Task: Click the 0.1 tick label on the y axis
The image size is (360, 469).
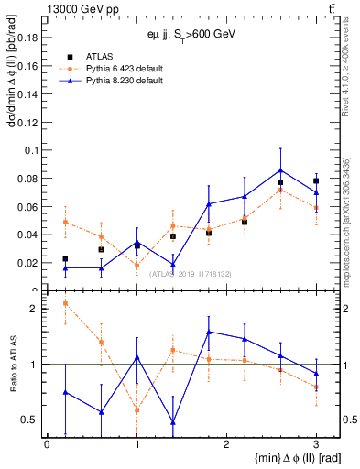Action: click(30, 149)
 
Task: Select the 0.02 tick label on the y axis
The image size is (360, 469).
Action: click(27, 263)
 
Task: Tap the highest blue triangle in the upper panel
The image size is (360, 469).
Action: click(280, 169)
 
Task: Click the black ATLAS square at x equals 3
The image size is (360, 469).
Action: click(316, 180)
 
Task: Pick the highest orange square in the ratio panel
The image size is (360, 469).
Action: click(65, 303)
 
